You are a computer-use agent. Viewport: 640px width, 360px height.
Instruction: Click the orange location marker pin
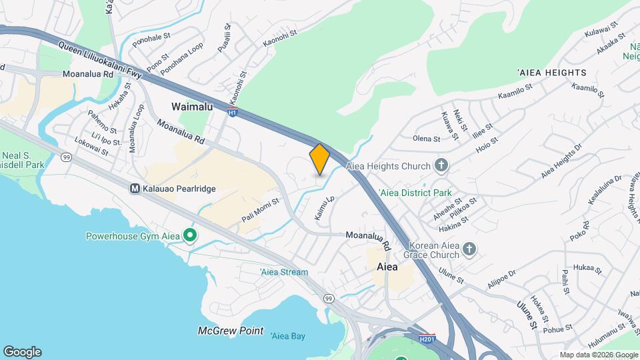[x=319, y=159]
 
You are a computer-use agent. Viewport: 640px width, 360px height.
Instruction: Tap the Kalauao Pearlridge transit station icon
[x=135, y=189]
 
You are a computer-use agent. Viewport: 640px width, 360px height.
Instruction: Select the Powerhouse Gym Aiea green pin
[x=190, y=235]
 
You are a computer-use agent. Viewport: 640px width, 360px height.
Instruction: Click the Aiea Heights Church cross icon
[x=440, y=165]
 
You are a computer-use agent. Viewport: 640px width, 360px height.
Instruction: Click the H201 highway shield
[x=427, y=339]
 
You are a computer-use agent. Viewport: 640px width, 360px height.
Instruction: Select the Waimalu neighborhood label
[x=192, y=107]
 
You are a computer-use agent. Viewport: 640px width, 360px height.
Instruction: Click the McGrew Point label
[x=231, y=331]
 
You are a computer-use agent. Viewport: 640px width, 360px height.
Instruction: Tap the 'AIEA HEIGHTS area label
[x=551, y=72]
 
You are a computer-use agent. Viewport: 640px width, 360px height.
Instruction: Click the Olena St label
[x=427, y=139]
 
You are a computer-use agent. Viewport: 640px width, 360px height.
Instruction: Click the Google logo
[x=22, y=352]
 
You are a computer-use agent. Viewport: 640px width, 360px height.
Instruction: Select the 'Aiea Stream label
[x=284, y=272]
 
